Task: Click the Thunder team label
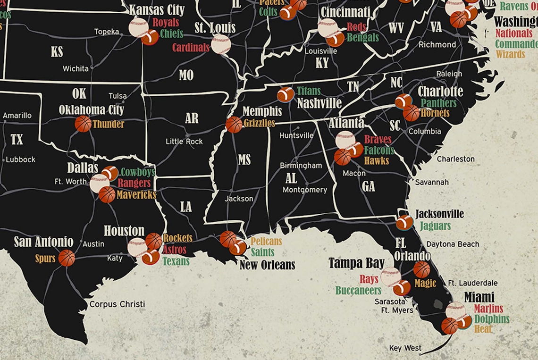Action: pos(108,125)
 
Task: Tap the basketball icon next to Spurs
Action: pos(67,258)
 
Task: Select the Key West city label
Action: pos(405,348)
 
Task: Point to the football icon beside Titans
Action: pos(286,94)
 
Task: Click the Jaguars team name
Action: pos(435,226)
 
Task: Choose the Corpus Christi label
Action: pos(117,304)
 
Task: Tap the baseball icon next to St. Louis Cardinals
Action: pos(221,44)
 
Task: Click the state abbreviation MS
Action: pos(244,160)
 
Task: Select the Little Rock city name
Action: pos(184,142)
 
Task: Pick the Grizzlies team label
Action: pos(259,124)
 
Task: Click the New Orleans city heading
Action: pos(267,265)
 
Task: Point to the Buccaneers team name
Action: pos(358,291)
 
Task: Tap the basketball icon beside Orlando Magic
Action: pos(421,269)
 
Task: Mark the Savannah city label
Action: pos(432,182)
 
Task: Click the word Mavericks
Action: pos(136,194)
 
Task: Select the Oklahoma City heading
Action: pos(91,110)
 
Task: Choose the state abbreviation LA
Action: pos(186,207)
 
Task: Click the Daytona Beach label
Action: pos(453,244)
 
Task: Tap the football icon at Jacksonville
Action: pos(404,222)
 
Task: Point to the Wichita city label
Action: pos(76,69)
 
